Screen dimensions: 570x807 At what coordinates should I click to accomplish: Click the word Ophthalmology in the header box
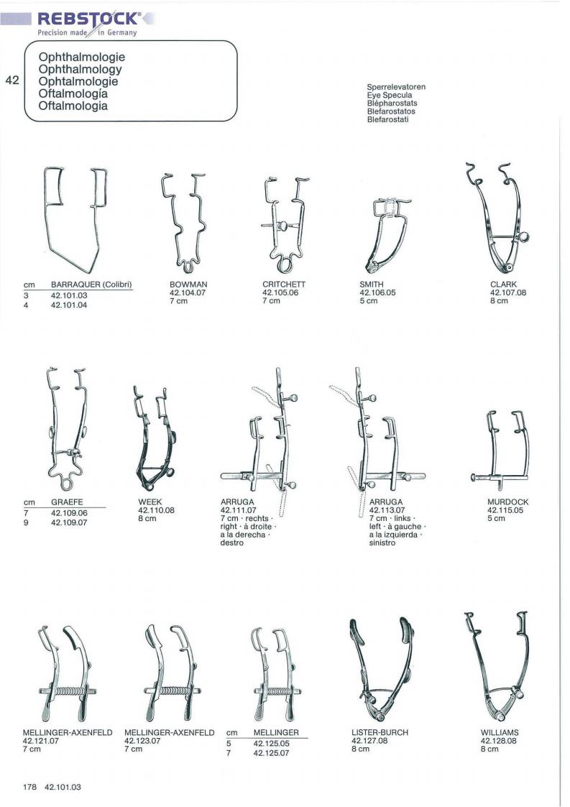pyautogui.click(x=81, y=69)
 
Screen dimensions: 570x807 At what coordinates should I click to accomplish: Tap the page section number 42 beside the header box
pyautogui.click(x=12, y=80)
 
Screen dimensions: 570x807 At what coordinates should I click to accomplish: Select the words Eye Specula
pyautogui.click(x=390, y=95)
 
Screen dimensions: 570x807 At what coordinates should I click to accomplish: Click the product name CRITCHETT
pyautogui.click(x=284, y=284)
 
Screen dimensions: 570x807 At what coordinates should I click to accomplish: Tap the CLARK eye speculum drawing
pyautogui.click(x=497, y=218)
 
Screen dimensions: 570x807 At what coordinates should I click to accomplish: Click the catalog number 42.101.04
pyautogui.click(x=69, y=305)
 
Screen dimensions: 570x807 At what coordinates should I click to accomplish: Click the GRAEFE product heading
pyautogui.click(x=67, y=502)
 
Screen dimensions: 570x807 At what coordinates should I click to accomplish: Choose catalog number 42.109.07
pyautogui.click(x=69, y=522)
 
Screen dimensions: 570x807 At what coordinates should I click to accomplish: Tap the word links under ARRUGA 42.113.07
pyautogui.click(x=402, y=518)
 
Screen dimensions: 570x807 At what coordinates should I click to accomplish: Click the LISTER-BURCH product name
pyautogui.click(x=380, y=732)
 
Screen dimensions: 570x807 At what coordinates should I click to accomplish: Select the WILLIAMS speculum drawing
pyautogui.click(x=497, y=666)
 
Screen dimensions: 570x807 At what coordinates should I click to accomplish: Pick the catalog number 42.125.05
pyautogui.click(x=272, y=744)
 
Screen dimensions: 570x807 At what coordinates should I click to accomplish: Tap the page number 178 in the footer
pyautogui.click(x=30, y=787)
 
